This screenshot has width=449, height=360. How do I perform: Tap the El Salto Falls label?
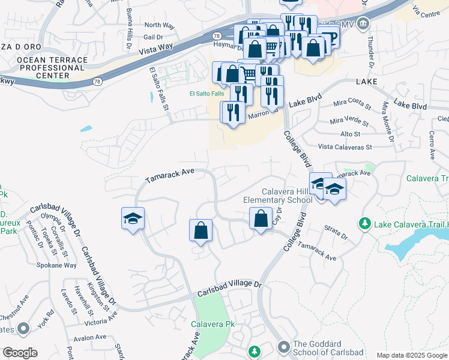[x=206, y=94]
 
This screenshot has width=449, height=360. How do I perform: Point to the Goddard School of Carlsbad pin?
[x=284, y=347]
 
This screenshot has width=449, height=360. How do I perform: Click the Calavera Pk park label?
[x=212, y=324]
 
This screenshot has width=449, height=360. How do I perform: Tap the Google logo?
[x=20, y=353]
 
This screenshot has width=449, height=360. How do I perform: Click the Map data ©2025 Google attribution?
[x=411, y=355]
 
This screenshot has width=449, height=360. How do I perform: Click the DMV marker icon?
[x=363, y=25]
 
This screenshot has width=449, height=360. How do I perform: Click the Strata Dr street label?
[x=336, y=232]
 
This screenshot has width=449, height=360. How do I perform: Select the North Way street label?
[x=159, y=25]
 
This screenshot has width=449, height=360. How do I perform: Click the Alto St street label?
[x=350, y=134]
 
